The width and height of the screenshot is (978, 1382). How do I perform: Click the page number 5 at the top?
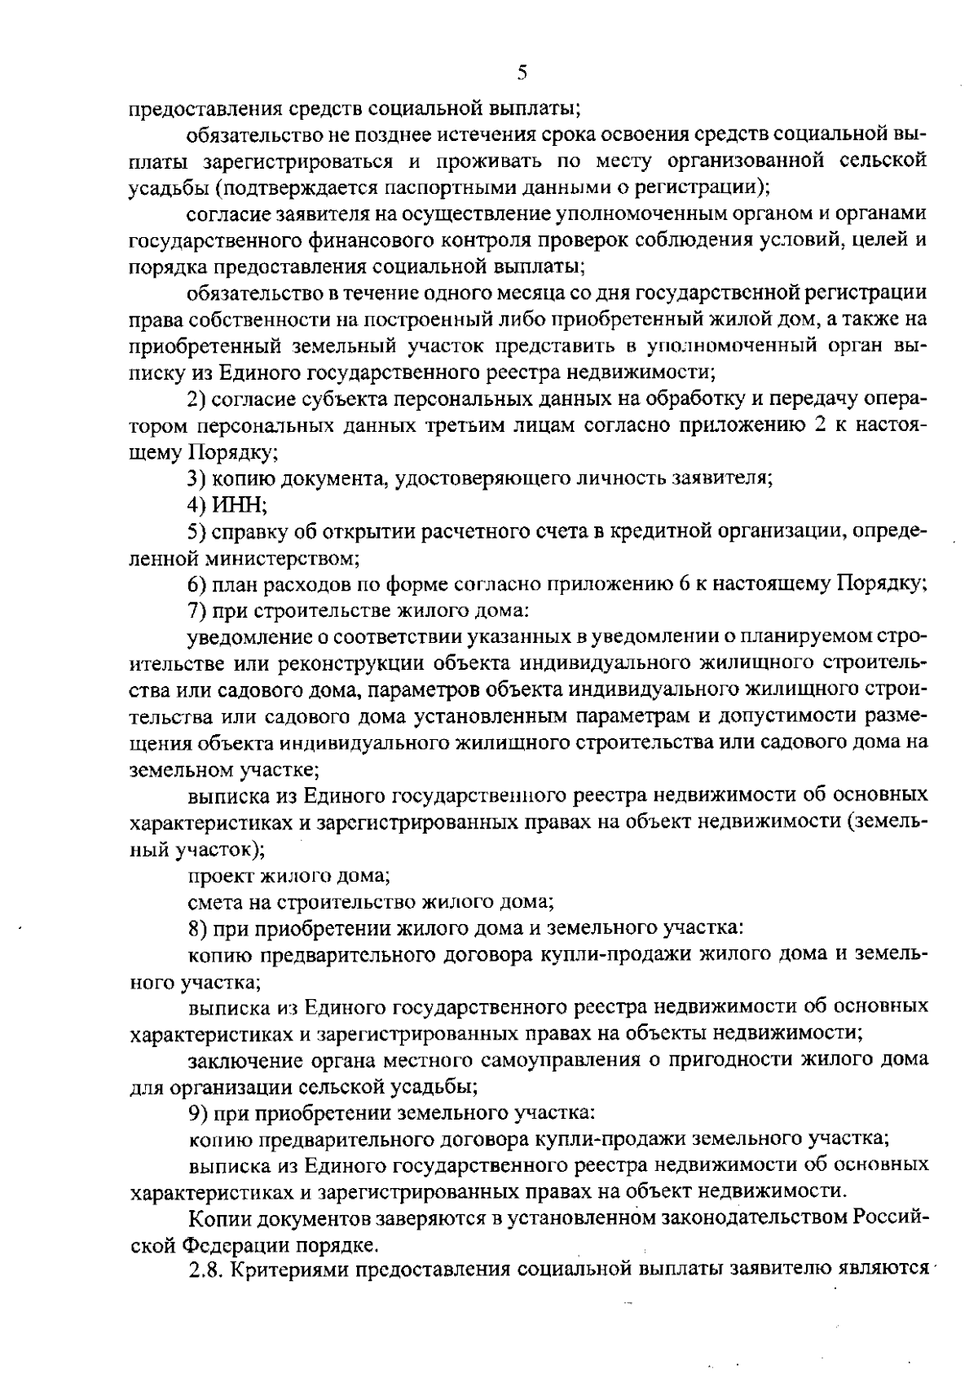[522, 73]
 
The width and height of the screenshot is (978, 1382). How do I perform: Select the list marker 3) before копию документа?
[198, 478]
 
